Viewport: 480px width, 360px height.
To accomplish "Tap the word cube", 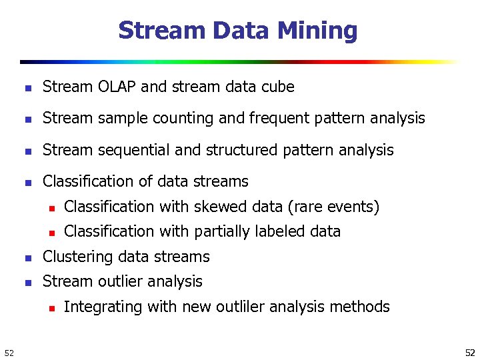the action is pos(279,87).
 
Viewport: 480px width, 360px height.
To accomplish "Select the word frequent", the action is pos(283,118).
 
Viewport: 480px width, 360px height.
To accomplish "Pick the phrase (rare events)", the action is pos(333,207).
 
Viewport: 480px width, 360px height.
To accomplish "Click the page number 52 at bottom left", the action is pos(9,352).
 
